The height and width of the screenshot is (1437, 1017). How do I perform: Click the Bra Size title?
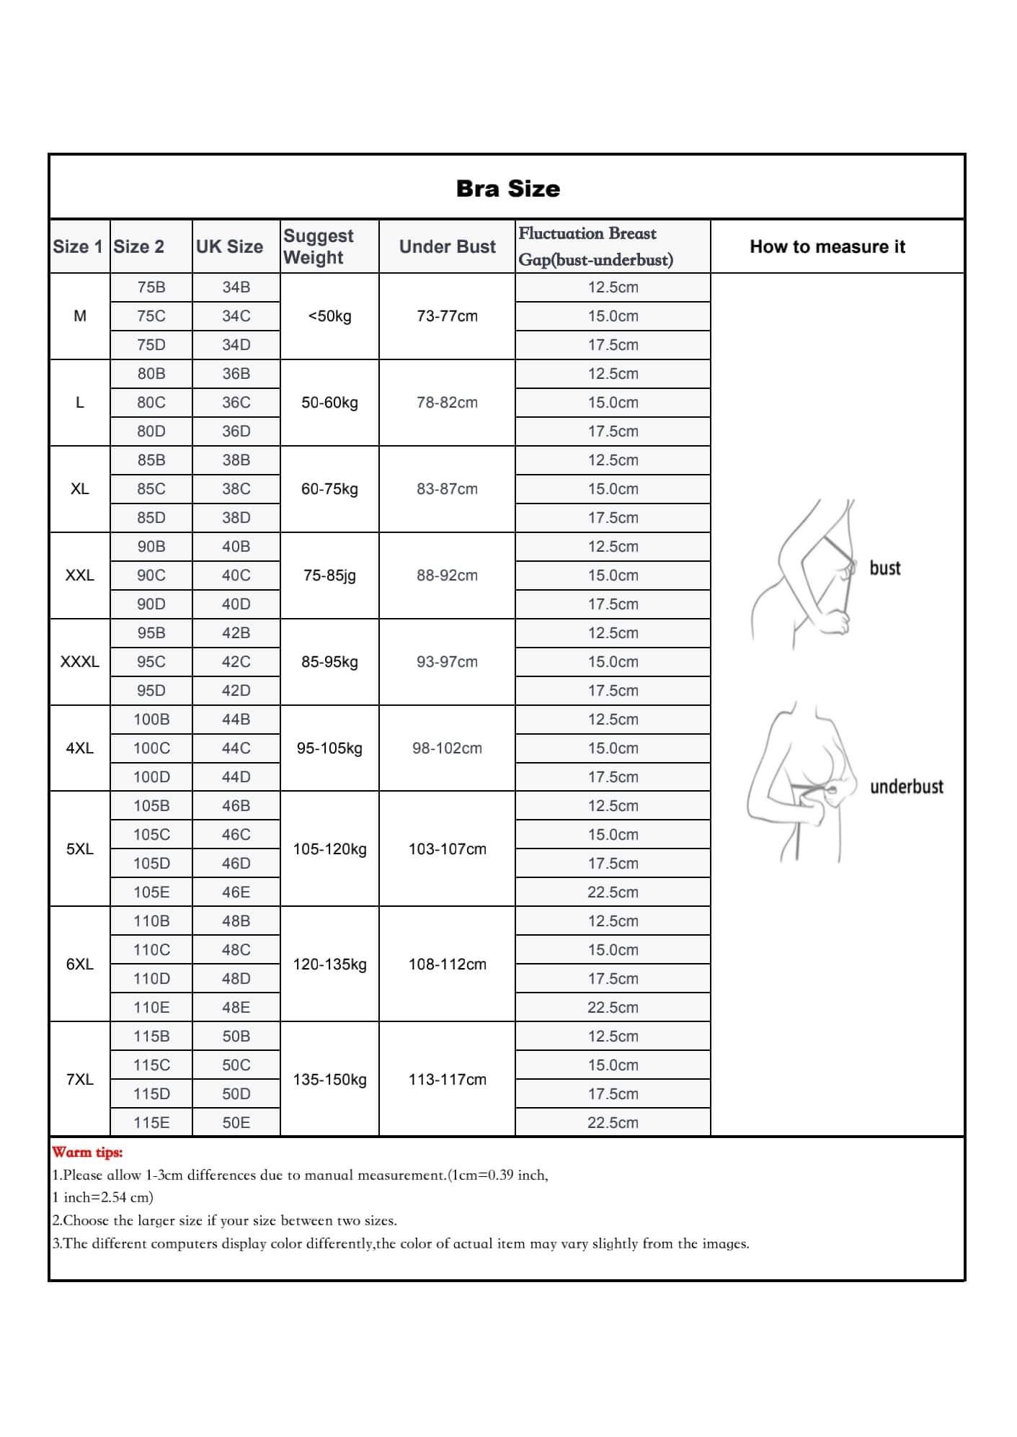[x=507, y=189]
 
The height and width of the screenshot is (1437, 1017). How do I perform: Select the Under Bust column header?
[x=447, y=246]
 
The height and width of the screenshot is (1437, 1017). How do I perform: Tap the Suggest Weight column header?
[x=319, y=246]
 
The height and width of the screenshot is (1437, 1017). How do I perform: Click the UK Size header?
[x=229, y=246]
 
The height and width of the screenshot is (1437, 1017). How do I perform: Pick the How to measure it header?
[x=827, y=246]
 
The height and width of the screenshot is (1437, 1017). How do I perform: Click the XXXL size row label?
[x=79, y=661]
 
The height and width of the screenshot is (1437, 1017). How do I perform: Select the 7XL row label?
[x=79, y=1079]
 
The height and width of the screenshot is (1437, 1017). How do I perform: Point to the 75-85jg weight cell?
[x=329, y=575]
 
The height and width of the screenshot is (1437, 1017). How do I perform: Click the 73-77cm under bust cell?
[x=447, y=315]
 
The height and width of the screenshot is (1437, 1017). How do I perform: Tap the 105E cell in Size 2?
[x=151, y=892]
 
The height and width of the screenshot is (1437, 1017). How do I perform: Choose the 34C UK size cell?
[x=236, y=315]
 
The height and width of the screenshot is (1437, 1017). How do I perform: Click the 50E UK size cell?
[x=236, y=1122]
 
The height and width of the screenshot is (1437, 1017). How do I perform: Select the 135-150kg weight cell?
[x=329, y=1079]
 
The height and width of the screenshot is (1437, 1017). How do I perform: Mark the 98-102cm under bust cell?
[x=447, y=748]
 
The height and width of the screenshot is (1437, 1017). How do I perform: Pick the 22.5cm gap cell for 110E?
[x=613, y=1007]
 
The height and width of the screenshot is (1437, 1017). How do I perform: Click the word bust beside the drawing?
[x=884, y=568]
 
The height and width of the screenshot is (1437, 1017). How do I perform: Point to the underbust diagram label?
[x=906, y=787]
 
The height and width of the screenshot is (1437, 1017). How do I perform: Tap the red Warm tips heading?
[x=87, y=1152]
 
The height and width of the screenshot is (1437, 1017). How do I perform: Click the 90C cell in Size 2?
[x=151, y=575]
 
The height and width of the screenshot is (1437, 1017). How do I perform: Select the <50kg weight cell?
[x=329, y=315]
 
